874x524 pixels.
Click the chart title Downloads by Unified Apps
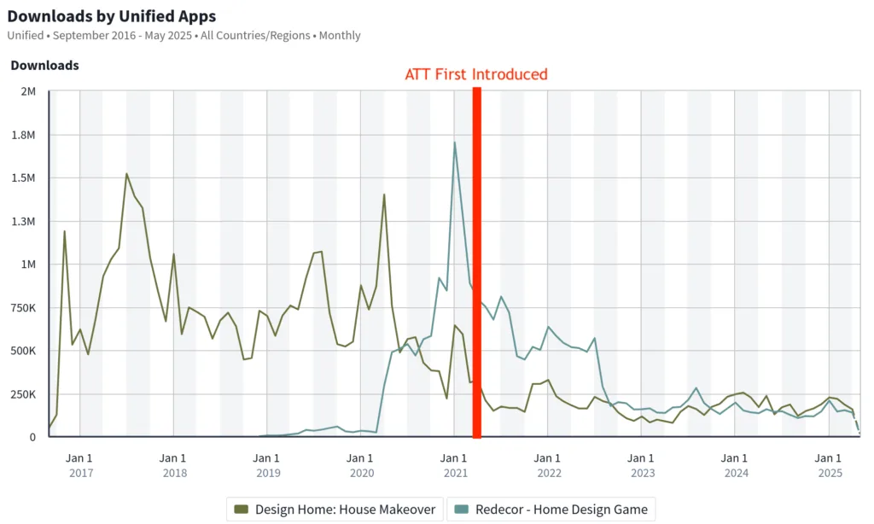click(111, 16)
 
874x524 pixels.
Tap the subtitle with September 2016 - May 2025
click(184, 36)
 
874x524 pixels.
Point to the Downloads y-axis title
click(44, 66)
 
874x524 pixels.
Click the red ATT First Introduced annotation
click(475, 74)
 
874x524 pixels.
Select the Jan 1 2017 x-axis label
click(80, 465)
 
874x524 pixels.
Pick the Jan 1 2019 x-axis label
click(267, 465)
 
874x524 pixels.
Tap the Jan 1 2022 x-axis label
click(548, 465)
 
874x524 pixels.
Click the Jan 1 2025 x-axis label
click(830, 465)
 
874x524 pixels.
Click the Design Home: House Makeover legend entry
click(335, 509)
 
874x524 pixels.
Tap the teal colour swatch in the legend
click(461, 509)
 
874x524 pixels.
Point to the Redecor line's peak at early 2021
click(455, 143)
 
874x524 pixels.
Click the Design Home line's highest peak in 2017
click(126, 174)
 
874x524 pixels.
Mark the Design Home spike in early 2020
click(384, 195)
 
